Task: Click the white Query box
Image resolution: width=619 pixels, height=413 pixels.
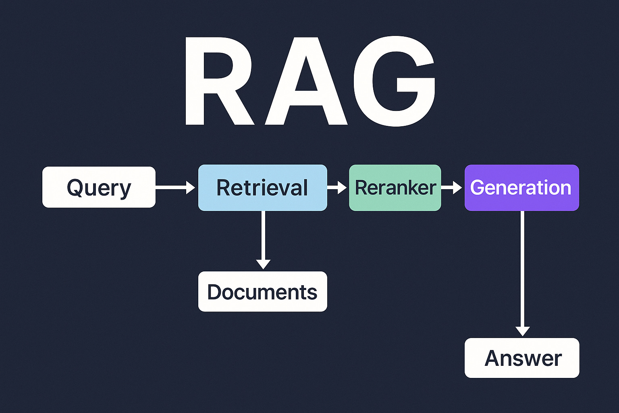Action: pyautogui.click(x=99, y=187)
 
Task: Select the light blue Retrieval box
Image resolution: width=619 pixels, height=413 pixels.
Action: pyautogui.click(x=262, y=188)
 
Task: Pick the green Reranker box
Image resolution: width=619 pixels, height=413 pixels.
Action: pyautogui.click(x=395, y=188)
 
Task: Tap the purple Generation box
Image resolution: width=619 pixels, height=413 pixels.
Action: pyautogui.click(x=521, y=188)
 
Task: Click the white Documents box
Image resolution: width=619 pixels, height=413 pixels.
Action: pyautogui.click(x=262, y=292)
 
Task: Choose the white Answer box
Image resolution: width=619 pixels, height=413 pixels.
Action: pyautogui.click(x=522, y=358)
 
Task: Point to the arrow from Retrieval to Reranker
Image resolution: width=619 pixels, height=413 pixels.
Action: pyautogui.click(x=337, y=188)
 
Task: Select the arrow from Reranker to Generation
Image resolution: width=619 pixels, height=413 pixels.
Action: pyautogui.click(x=452, y=188)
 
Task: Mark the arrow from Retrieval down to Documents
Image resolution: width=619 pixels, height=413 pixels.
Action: pyautogui.click(x=263, y=238)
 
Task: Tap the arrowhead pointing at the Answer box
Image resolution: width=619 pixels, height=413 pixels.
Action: pyautogui.click(x=522, y=331)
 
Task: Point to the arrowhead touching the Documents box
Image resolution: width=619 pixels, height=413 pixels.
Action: pyautogui.click(x=263, y=264)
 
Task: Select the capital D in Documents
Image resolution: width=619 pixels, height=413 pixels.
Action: pyautogui.click(x=216, y=292)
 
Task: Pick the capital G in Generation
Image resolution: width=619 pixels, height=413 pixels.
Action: pyautogui.click(x=478, y=188)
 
